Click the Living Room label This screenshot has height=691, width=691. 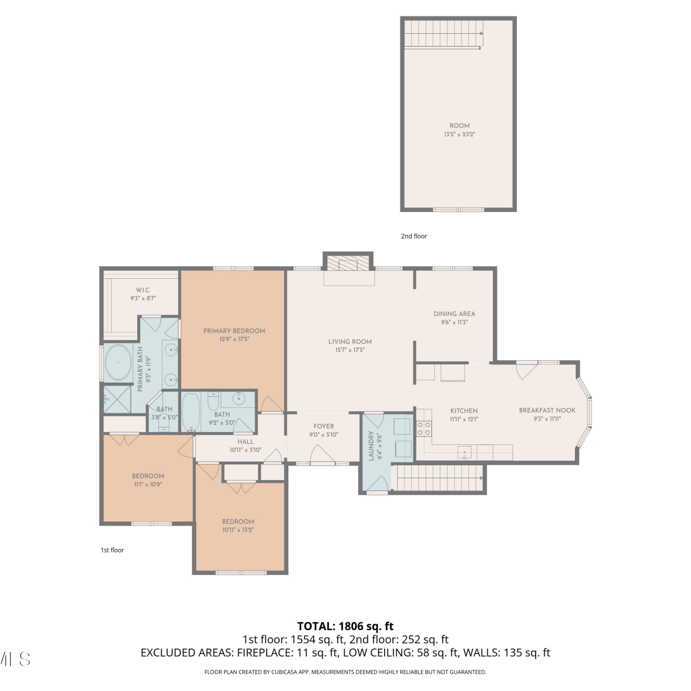tap(350, 341)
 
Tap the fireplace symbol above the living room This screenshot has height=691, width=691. tap(348, 263)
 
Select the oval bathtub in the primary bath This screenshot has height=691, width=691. tap(118, 362)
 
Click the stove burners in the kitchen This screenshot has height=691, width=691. tap(424, 429)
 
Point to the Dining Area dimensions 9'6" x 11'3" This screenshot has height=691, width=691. tap(454, 322)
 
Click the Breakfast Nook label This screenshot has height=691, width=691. tap(547, 410)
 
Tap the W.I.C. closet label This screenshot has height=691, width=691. tap(143, 290)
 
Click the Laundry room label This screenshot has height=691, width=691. tap(371, 446)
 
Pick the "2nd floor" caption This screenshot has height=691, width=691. tap(414, 236)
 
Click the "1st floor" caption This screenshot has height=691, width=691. tap(112, 550)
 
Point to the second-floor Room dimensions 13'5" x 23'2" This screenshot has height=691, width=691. tap(460, 135)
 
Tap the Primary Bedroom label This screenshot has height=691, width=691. tap(234, 331)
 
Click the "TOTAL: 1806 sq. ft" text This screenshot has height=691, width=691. tap(345, 626)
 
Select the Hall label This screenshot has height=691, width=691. tap(246, 441)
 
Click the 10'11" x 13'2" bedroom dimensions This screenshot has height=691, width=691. tap(238, 530)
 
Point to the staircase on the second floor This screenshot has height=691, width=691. tap(444, 34)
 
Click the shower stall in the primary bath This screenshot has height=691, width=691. tap(117, 399)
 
